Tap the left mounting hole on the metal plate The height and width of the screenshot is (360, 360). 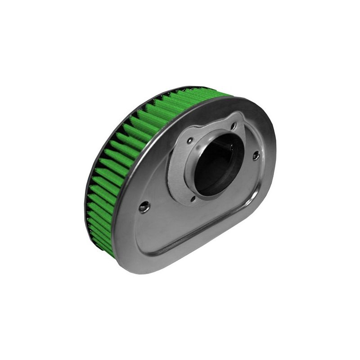[144, 207]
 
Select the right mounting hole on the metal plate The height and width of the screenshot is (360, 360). [256, 156]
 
